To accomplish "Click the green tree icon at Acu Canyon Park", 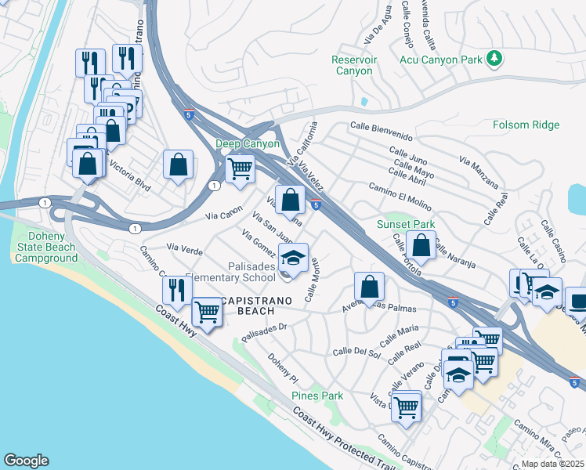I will click(x=494, y=58).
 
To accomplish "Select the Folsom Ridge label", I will click(x=526, y=125).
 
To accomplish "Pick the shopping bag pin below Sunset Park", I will click(x=421, y=245).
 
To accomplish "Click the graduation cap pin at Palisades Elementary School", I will click(x=293, y=257).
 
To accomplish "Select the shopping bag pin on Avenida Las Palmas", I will click(x=368, y=286).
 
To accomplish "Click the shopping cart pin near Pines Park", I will click(x=407, y=407).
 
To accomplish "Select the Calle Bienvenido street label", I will click(x=382, y=126).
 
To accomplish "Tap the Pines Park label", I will click(x=317, y=396).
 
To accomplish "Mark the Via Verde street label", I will click(x=186, y=252).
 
